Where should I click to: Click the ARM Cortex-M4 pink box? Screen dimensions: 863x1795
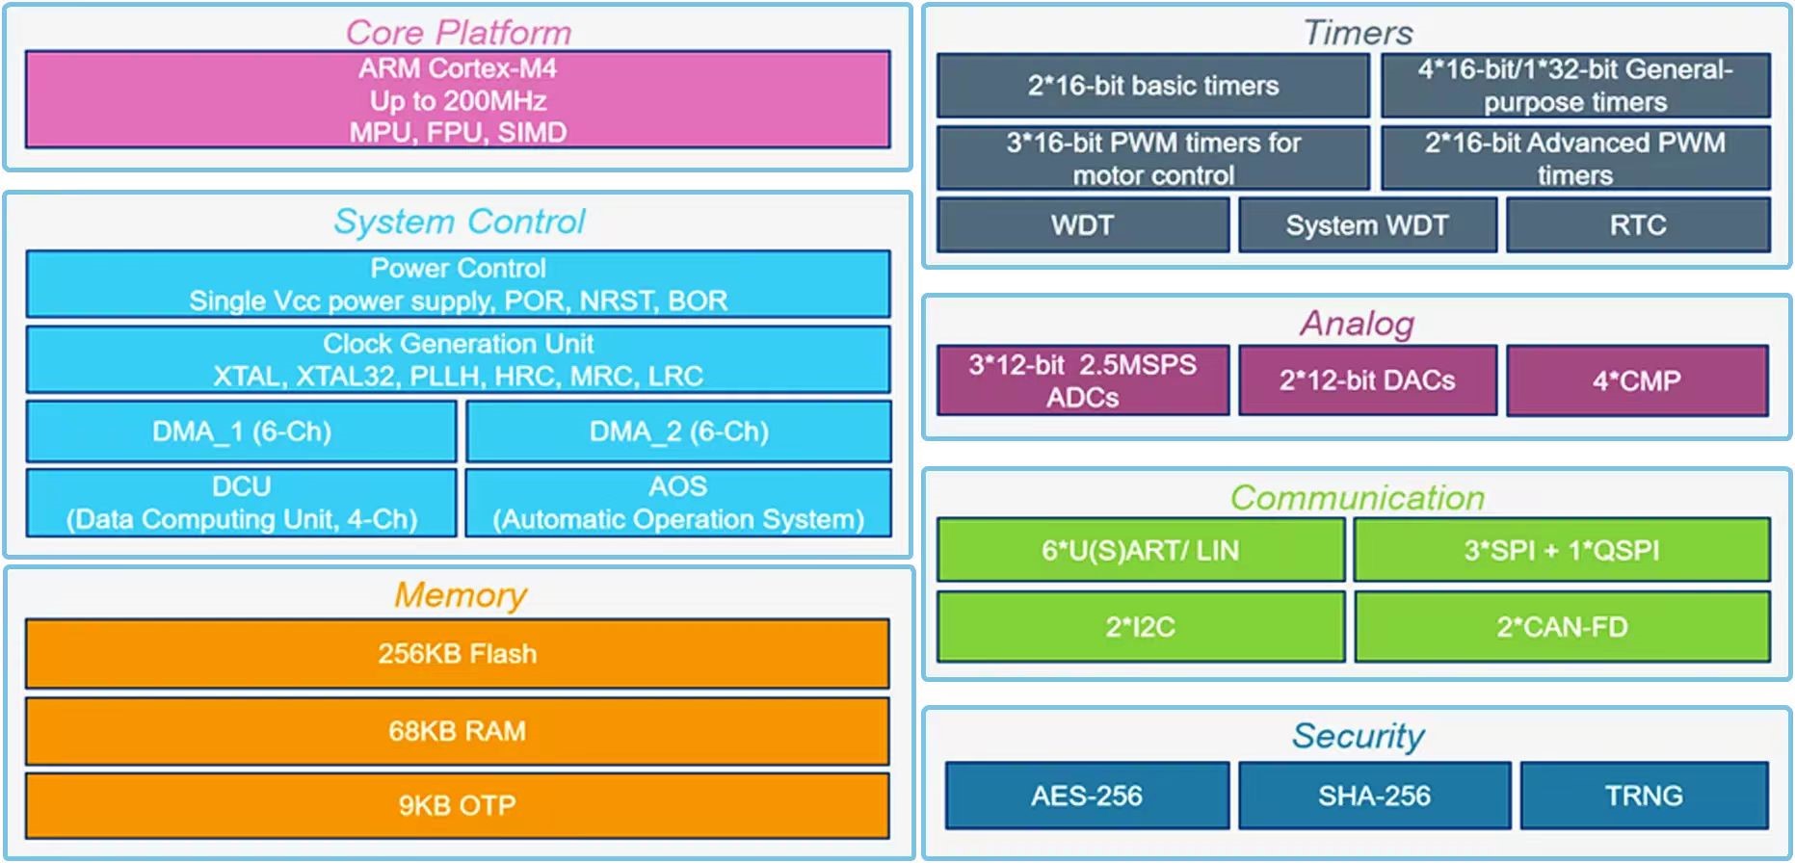[458, 100]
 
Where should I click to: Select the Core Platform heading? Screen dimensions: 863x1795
[458, 33]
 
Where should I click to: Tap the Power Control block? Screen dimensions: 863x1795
[458, 284]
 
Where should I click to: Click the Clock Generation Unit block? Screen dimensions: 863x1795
[458, 359]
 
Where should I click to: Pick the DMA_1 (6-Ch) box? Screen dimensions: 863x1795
[241, 431]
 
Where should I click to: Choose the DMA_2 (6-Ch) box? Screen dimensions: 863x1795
[678, 431]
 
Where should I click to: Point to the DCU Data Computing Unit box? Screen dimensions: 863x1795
[241, 503]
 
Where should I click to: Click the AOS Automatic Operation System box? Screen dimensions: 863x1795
[678, 503]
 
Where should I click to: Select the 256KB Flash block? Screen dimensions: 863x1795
[458, 654]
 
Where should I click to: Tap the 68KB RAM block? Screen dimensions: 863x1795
[458, 731]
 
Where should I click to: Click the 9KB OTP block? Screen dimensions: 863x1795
[458, 805]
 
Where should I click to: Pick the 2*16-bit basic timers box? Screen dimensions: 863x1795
[1152, 86]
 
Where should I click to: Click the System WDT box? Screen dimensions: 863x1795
[1366, 225]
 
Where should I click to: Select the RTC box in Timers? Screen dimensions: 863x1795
[1637, 225]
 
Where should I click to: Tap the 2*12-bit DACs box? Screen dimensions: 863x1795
[1366, 380]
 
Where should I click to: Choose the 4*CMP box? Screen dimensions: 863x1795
[1636, 380]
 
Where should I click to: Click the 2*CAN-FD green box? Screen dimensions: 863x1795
[1561, 627]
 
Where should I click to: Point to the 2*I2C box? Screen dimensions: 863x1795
[1140, 627]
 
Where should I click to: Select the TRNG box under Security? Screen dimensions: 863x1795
[1644, 796]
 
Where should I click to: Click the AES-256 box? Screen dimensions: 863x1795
[1086, 796]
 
